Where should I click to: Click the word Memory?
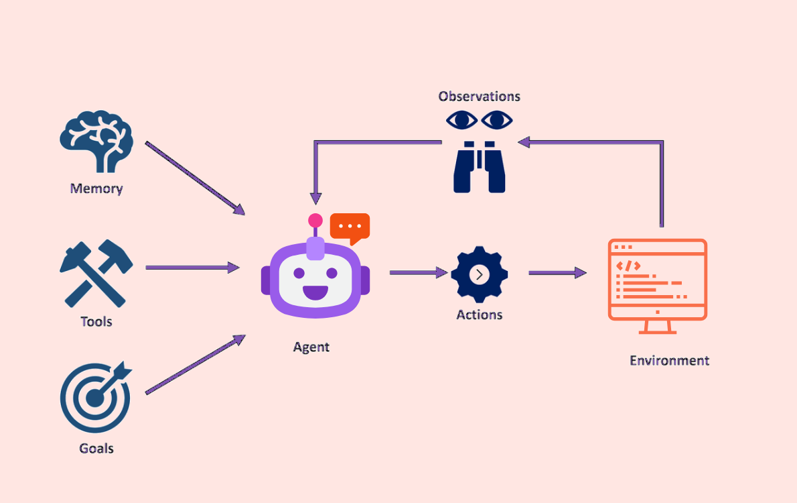click(x=96, y=188)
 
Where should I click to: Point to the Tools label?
click(x=96, y=322)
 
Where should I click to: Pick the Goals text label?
click(x=96, y=448)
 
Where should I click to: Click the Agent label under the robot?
click(x=311, y=347)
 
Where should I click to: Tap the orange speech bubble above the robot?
click(x=350, y=227)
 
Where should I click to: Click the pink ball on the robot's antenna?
click(x=315, y=221)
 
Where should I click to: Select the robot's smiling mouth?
click(x=315, y=293)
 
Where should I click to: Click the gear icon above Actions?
click(x=480, y=274)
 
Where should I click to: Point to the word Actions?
click(x=480, y=315)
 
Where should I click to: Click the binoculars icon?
click(x=480, y=168)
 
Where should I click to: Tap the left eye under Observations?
click(x=462, y=121)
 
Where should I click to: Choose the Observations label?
click(x=480, y=97)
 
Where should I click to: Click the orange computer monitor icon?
click(x=657, y=282)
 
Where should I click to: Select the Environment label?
click(x=669, y=361)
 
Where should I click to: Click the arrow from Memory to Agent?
click(x=195, y=178)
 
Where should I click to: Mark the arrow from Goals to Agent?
click(x=195, y=364)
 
